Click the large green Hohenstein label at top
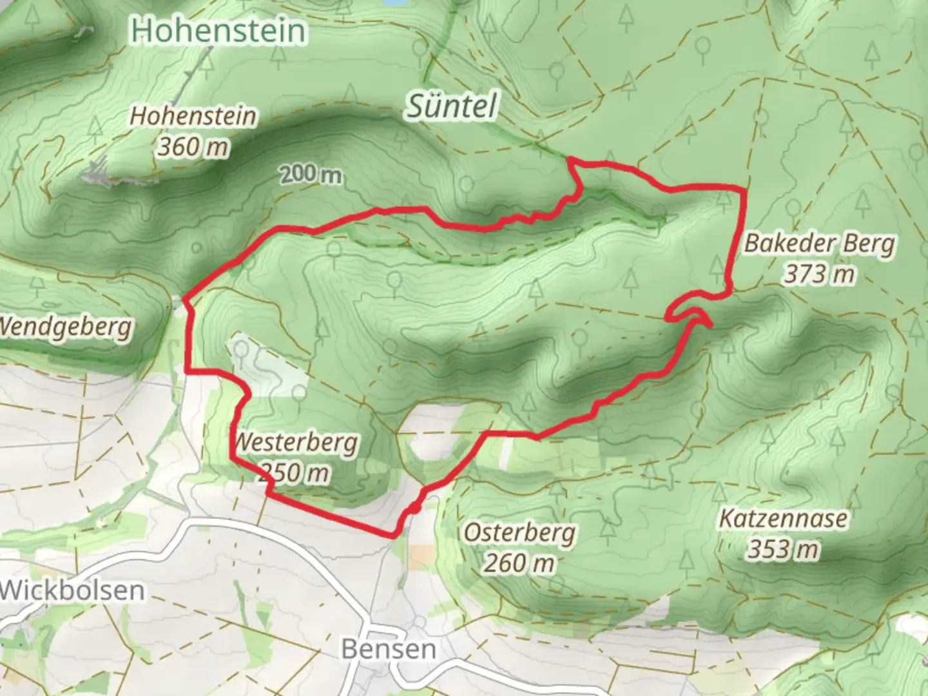click(218, 31)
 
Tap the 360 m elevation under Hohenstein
click(193, 147)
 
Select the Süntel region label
click(452, 106)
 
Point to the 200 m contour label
click(311, 174)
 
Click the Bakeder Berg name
click(820, 244)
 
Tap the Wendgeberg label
click(64, 327)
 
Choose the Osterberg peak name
click(519, 533)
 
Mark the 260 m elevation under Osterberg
click(519, 564)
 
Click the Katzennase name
click(783, 518)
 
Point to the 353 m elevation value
click(783, 550)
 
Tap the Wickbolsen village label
click(72, 590)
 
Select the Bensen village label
click(389, 648)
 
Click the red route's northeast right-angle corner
click(744, 189)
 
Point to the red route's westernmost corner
click(186, 300)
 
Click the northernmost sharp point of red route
click(568, 159)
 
